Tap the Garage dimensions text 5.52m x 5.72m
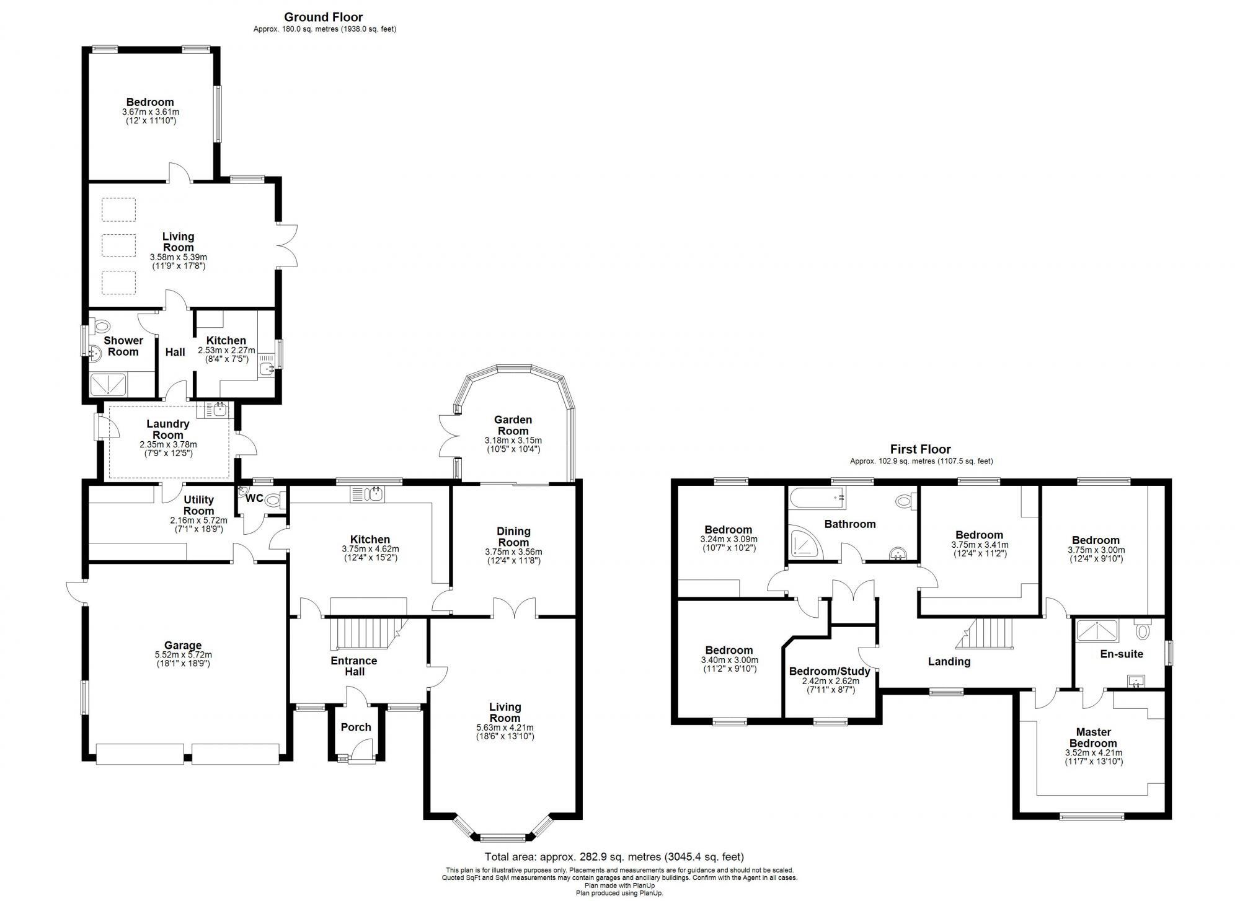point(183,654)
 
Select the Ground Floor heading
point(324,17)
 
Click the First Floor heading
point(920,449)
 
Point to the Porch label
point(356,727)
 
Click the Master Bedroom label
point(1093,737)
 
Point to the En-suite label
point(1121,654)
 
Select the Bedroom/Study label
point(829,671)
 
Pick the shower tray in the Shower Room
point(108,385)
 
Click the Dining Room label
point(513,537)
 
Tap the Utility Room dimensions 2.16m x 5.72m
point(198,521)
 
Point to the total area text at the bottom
point(614,857)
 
